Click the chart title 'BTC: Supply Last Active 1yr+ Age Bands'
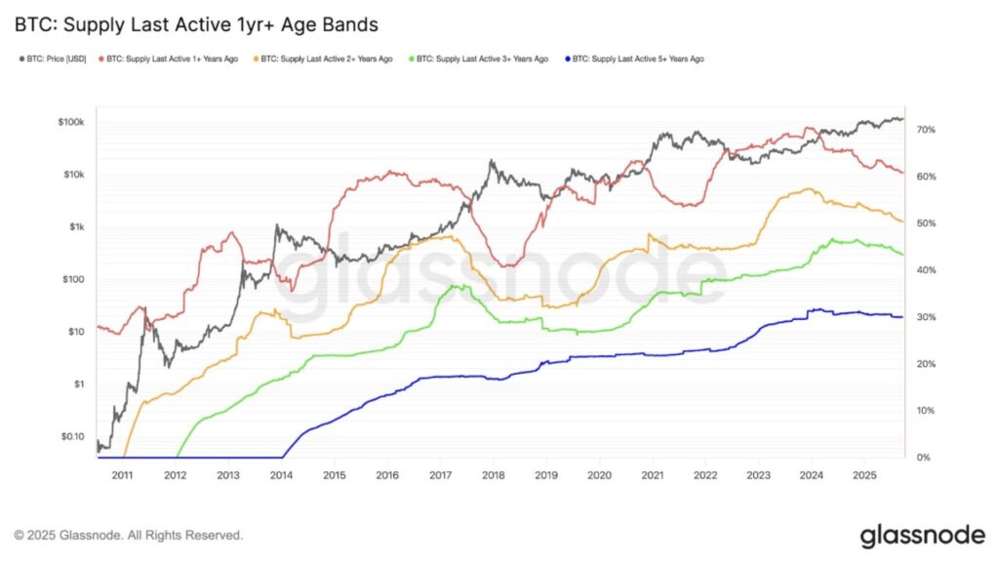click(195, 22)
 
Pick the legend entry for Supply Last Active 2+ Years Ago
click(327, 60)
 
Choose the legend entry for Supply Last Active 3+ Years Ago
click(482, 60)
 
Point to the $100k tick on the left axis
click(71, 122)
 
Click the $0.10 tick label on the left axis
click(70, 436)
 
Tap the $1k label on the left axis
click(76, 227)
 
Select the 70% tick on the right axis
click(925, 130)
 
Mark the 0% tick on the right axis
click(922, 458)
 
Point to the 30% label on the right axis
click(925, 317)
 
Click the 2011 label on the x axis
click(122, 475)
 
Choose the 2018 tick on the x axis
click(493, 475)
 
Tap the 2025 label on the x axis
click(863, 475)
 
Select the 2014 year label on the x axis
click(281, 475)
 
